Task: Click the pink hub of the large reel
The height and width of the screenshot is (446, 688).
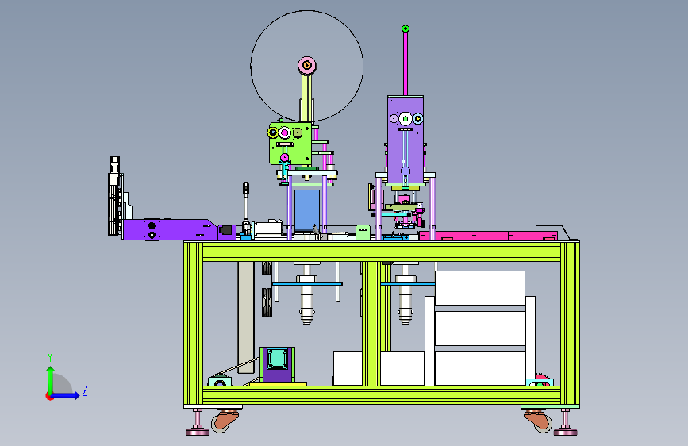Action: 307,66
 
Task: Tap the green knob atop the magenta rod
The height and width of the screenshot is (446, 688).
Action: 405,29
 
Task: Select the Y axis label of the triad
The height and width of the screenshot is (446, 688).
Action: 50,356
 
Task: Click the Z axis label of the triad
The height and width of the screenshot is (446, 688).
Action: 85,390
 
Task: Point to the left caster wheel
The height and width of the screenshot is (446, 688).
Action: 225,422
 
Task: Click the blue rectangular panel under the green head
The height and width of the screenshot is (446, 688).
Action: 307,210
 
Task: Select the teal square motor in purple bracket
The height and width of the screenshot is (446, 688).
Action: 277,359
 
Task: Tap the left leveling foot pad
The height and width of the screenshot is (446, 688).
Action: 198,432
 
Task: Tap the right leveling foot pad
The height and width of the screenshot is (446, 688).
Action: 565,432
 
